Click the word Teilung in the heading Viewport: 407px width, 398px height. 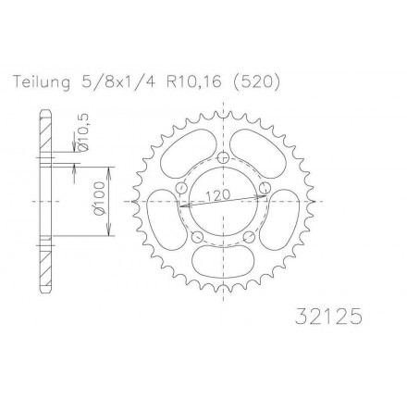[42, 83]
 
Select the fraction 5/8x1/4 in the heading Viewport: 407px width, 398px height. [118, 82]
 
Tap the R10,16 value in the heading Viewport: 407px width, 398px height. [194, 82]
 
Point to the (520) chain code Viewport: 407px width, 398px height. [255, 82]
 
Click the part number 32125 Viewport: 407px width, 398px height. [327, 317]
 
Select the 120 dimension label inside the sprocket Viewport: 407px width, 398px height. [217, 195]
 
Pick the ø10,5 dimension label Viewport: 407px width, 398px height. [83, 131]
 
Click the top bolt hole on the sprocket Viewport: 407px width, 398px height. [223, 157]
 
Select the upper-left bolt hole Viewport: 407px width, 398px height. [182, 187]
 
